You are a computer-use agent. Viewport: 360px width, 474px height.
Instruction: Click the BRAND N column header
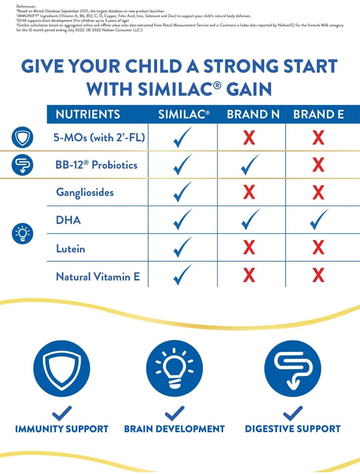[253, 114]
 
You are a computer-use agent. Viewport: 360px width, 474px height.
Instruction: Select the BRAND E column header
[319, 114]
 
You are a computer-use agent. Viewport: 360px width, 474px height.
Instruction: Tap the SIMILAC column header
[184, 114]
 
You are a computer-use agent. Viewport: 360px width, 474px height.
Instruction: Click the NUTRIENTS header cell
[88, 114]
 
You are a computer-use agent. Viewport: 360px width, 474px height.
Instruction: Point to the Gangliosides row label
[85, 192]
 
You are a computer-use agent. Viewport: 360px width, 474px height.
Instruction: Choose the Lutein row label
[71, 249]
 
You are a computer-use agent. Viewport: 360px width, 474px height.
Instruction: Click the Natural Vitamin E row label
[98, 277]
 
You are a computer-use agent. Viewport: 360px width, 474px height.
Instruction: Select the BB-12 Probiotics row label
[96, 165]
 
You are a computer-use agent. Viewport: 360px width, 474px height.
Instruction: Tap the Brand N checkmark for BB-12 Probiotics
[250, 165]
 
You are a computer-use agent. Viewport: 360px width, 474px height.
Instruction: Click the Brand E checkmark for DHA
[319, 220]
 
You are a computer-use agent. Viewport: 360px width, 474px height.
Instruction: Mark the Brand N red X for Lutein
[249, 247]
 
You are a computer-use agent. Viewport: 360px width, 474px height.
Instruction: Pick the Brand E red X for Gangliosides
[319, 192]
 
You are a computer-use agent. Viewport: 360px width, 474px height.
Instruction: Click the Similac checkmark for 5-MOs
[182, 137]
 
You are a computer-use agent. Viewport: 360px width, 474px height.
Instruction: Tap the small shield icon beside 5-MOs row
[22, 137]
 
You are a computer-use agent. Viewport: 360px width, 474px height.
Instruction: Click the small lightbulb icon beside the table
[22, 233]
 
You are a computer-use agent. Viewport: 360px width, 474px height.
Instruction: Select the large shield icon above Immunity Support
[62, 368]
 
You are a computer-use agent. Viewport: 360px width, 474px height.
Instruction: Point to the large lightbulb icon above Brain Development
[174, 368]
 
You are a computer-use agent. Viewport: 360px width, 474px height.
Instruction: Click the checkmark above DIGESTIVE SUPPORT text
[292, 413]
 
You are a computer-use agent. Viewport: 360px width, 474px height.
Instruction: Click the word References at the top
[26, 6]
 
